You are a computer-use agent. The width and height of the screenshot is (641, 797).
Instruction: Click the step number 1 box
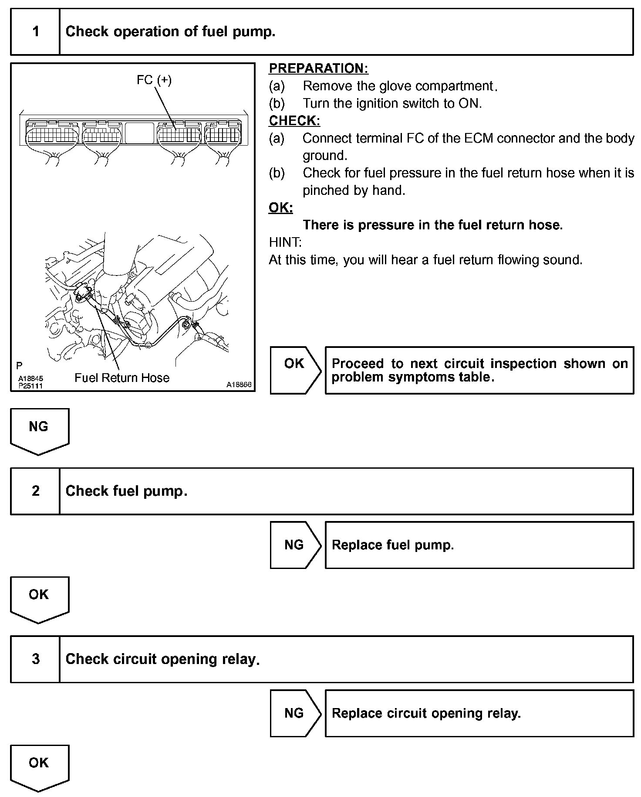[x=35, y=32]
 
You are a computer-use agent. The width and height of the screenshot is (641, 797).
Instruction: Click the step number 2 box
[x=35, y=491]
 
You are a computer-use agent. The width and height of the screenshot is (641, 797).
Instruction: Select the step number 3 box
[x=35, y=659]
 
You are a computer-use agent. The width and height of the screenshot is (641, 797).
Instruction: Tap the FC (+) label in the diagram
[x=154, y=80]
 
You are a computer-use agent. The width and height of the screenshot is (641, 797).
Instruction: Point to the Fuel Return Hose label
[x=122, y=378]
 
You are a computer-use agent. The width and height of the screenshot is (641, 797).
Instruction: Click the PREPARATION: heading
[x=318, y=68]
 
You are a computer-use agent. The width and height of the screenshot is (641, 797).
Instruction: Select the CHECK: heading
[x=294, y=121]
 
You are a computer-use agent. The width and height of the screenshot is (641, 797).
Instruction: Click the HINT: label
[x=285, y=242]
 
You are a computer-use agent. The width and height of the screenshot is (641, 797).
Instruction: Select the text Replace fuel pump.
[x=393, y=545]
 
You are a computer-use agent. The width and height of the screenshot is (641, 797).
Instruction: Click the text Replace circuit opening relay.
[x=426, y=713]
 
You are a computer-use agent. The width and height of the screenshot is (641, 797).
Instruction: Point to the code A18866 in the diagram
[x=239, y=385]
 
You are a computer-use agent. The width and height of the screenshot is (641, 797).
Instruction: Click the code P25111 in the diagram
[x=30, y=386]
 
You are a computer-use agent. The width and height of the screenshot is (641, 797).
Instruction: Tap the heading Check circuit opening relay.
[x=162, y=659]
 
